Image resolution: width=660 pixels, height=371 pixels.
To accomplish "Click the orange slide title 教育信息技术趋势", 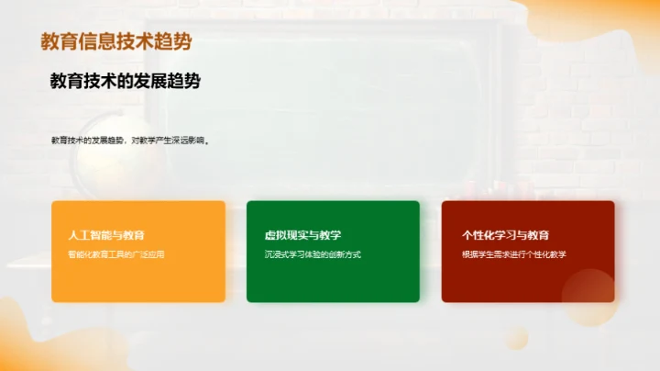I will tap(116, 41).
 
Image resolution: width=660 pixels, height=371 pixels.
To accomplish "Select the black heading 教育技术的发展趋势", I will tap(125, 81).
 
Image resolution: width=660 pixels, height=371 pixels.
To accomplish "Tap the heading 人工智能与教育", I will tap(106, 235).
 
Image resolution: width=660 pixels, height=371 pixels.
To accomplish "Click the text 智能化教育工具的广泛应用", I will tap(116, 253).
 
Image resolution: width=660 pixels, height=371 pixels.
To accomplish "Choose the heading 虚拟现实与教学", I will tap(302, 235).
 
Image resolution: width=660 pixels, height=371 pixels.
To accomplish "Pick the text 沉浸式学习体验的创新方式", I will tap(313, 253).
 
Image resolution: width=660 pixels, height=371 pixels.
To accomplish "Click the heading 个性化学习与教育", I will tap(506, 235).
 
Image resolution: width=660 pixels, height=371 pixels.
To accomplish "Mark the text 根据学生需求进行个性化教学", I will tap(514, 253).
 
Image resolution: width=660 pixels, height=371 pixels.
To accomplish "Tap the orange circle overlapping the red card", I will tap(588, 296).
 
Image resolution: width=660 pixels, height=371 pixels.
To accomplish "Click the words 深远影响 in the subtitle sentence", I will tap(188, 141).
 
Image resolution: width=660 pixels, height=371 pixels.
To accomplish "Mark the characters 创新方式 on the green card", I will tap(344, 253).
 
